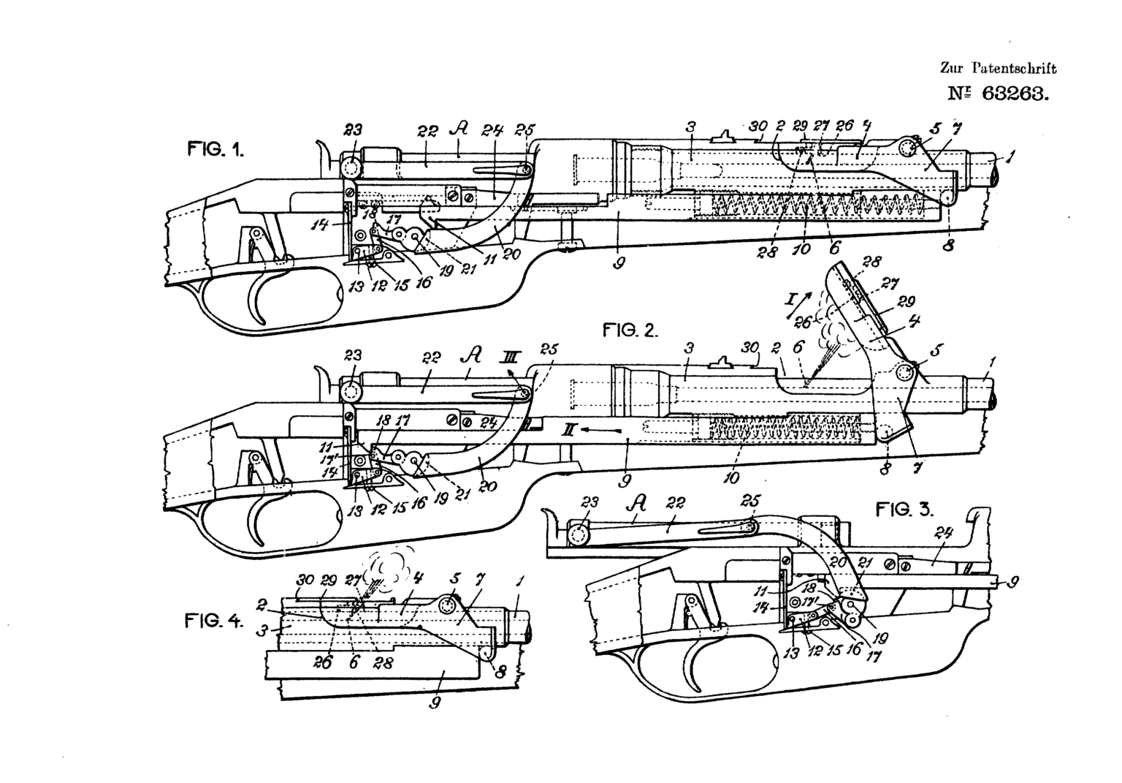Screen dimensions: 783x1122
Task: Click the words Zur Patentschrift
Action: tap(998, 69)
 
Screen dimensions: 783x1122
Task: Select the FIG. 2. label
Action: tap(630, 330)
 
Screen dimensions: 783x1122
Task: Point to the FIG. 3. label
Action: tap(905, 510)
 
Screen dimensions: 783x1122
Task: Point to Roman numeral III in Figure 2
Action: tap(509, 355)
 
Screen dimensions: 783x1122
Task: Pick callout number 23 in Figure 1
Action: tap(354, 132)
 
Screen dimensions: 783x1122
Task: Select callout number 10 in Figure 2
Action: tap(731, 479)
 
